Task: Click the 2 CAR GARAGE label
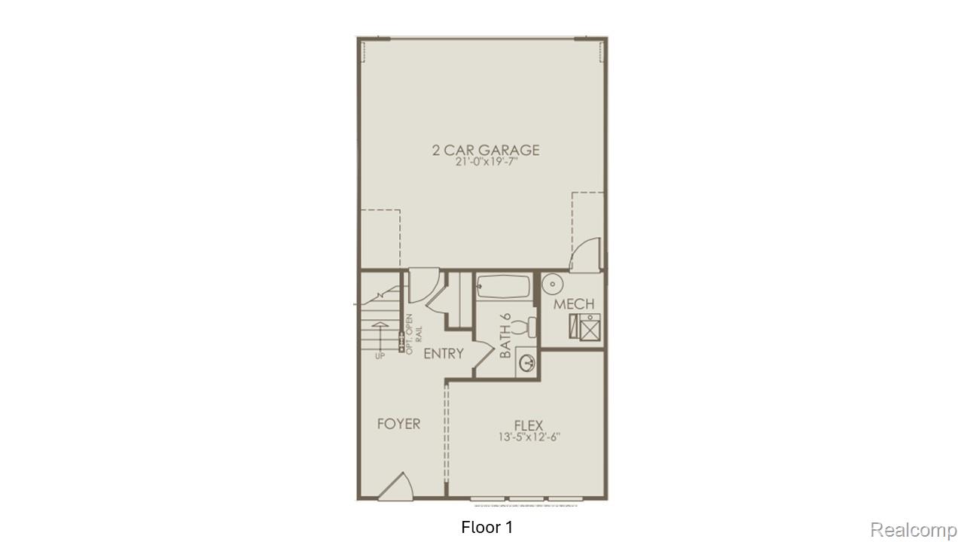pyautogui.click(x=486, y=149)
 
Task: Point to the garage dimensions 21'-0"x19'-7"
pyautogui.click(x=486, y=163)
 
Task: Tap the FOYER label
pyautogui.click(x=398, y=424)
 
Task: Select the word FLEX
pyautogui.click(x=529, y=425)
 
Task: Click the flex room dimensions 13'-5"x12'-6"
pyautogui.click(x=529, y=437)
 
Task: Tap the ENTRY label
pyautogui.click(x=443, y=354)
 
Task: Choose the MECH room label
pyautogui.click(x=574, y=304)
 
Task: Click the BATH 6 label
pyautogui.click(x=505, y=336)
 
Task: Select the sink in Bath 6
pyautogui.click(x=526, y=364)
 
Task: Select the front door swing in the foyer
pyautogui.click(x=397, y=486)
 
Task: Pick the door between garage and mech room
pyautogui.click(x=586, y=254)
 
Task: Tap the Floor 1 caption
pyautogui.click(x=487, y=527)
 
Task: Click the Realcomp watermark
pyautogui.click(x=913, y=530)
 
